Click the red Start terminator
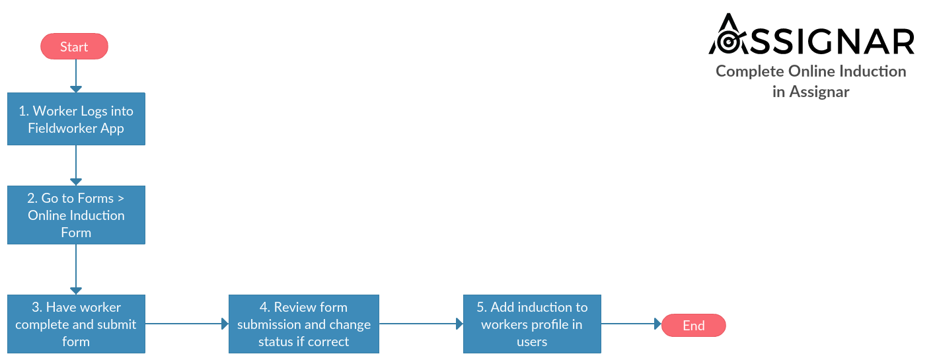point(74,46)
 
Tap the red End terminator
point(694,326)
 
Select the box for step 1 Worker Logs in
point(77,119)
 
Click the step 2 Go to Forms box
point(77,215)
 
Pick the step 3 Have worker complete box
point(77,324)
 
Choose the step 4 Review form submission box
point(304,324)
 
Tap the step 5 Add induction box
point(532,324)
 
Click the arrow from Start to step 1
point(76,76)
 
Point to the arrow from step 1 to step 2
point(76,165)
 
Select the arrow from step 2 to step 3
point(76,270)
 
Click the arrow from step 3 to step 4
point(187,324)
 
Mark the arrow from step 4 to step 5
point(421,324)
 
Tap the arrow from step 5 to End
point(631,324)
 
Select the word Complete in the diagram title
point(750,72)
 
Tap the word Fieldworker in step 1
point(63,128)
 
